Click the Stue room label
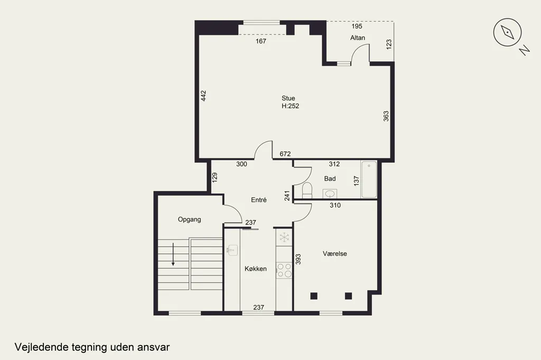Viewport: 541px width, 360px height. [x=288, y=98]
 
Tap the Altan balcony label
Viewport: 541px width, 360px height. [x=358, y=37]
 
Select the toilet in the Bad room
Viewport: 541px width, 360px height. [x=307, y=191]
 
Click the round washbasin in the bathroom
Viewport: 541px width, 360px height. [x=330, y=194]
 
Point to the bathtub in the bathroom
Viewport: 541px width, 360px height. [x=369, y=179]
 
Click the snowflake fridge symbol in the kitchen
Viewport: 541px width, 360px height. [x=284, y=237]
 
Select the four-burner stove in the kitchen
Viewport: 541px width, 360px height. [x=284, y=270]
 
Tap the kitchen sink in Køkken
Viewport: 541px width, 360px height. [x=233, y=250]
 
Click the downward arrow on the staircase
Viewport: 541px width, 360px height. [x=173, y=254]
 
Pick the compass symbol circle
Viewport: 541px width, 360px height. [x=507, y=32]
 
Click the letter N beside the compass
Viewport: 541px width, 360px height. [x=525, y=51]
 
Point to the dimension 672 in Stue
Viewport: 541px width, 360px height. [x=285, y=154]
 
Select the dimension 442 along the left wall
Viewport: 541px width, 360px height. [x=203, y=96]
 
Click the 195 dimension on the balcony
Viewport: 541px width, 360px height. [x=357, y=26]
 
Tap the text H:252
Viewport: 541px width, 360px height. [x=290, y=106]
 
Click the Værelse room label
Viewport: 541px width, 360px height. [x=334, y=254]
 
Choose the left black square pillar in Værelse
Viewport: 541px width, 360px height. [x=314, y=296]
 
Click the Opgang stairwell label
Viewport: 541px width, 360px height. [x=190, y=219]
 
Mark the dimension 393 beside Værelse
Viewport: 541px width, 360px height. [x=299, y=259]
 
